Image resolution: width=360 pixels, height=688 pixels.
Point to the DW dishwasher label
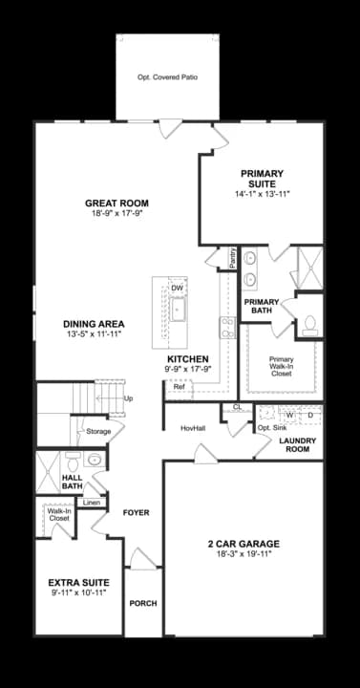(178, 288)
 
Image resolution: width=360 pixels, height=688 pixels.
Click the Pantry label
(233, 258)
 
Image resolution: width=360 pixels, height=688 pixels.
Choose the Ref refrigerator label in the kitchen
(179, 387)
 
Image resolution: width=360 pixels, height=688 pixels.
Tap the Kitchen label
(187, 359)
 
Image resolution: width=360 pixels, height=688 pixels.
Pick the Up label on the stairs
(128, 398)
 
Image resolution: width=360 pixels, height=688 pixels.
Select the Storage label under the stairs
(98, 432)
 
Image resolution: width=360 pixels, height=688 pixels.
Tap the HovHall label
(193, 428)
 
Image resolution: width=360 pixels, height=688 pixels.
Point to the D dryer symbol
(310, 416)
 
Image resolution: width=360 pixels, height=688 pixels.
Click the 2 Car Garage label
(244, 545)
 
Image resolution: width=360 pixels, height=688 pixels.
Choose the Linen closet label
(91, 503)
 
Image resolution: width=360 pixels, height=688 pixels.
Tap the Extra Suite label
(78, 582)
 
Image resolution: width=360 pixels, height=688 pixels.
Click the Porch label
(143, 603)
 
